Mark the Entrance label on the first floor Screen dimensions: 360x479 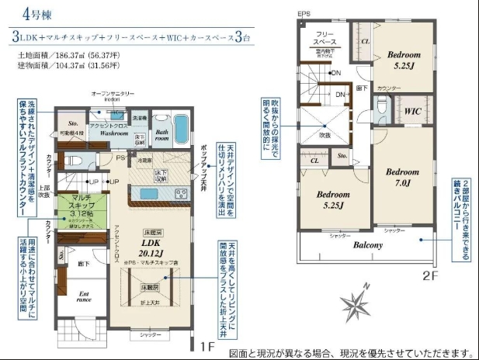(x=84, y=298)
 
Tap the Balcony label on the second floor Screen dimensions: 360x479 (x=368, y=245)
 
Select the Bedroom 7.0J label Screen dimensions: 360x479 (x=403, y=177)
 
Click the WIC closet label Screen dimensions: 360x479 (x=411, y=111)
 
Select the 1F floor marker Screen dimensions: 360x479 (x=206, y=345)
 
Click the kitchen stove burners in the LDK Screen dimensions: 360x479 (x=179, y=194)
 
